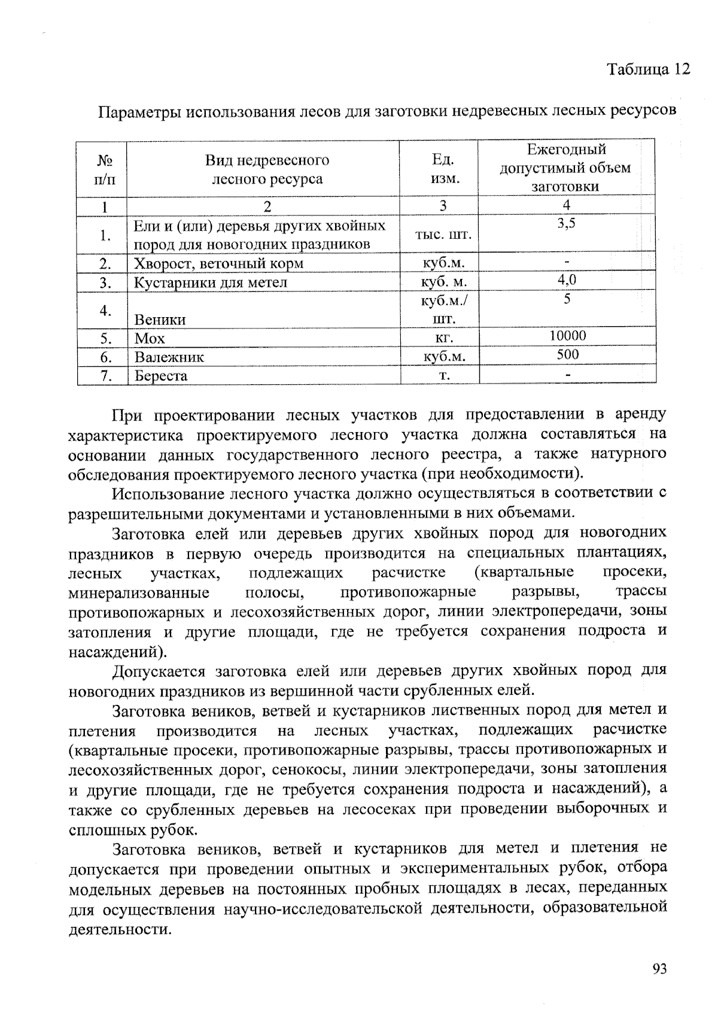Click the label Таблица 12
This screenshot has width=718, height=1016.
[649, 69]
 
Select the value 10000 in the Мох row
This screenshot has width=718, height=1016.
[567, 336]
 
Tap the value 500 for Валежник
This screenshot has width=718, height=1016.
[567, 355]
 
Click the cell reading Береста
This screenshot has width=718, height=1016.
[161, 376]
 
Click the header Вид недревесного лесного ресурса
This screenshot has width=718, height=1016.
[267, 169]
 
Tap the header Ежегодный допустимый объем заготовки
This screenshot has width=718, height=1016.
[565, 168]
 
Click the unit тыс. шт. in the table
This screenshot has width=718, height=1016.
[443, 235]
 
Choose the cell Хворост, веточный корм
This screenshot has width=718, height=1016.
[218, 264]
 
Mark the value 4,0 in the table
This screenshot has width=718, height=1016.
[567, 279]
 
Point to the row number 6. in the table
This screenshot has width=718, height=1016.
[107, 358]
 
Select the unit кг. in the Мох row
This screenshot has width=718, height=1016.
[443, 339]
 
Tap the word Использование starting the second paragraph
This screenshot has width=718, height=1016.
[164, 494]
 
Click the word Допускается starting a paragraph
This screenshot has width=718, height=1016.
[159, 671]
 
